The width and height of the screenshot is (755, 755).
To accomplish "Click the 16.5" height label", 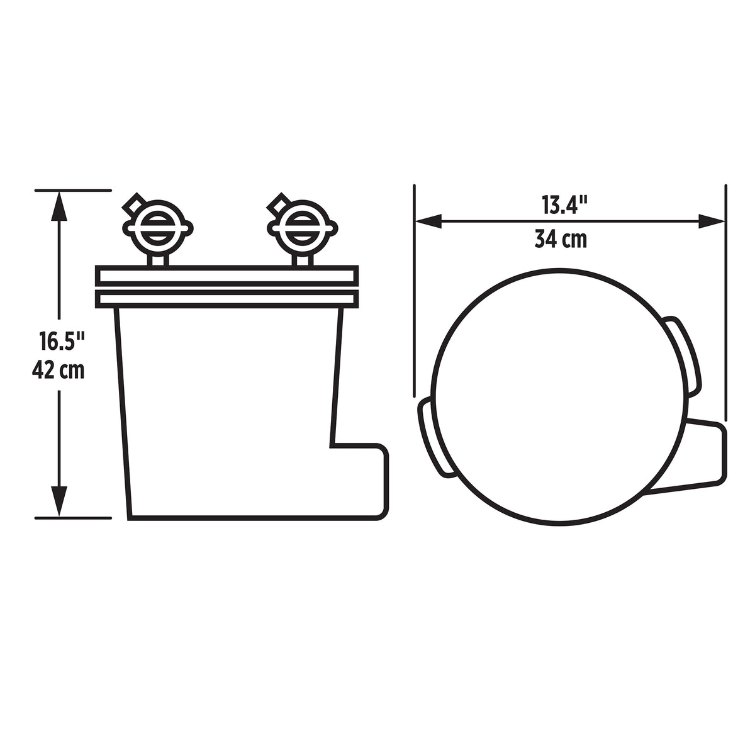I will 60,343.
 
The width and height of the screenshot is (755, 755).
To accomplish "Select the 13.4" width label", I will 564,205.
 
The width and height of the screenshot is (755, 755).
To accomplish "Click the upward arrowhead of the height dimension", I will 59,205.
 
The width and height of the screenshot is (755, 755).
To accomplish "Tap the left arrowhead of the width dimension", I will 428,220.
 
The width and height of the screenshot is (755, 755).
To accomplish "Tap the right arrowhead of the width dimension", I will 712,220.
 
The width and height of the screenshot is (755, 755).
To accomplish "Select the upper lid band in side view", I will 226,276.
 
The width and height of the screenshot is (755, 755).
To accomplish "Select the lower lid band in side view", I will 226,298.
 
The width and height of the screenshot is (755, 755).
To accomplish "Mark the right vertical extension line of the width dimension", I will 725,302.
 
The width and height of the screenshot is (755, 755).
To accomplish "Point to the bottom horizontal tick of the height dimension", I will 73,518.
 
